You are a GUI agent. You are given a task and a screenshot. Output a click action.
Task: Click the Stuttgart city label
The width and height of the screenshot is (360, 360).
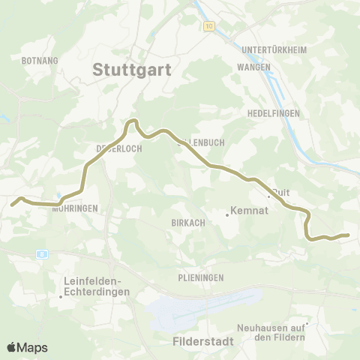pyautogui.click(x=133, y=70)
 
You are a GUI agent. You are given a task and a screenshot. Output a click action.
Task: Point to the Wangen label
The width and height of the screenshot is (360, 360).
pyautogui.click(x=253, y=67)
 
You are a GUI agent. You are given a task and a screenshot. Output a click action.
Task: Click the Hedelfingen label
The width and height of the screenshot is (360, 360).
pyautogui.click(x=273, y=112)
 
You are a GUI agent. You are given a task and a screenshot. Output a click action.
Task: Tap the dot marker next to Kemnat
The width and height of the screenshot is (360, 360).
pyautogui.click(x=226, y=216)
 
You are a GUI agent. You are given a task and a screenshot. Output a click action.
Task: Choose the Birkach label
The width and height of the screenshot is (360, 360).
pyautogui.click(x=184, y=223)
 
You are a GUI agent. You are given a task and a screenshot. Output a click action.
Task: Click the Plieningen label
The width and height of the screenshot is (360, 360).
pyautogui.click(x=201, y=277)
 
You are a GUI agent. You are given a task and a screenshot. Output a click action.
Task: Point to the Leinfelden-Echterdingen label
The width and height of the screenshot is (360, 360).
pyautogui.click(x=97, y=287)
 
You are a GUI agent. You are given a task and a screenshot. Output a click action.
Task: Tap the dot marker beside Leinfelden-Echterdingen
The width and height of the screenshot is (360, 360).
pyautogui.click(x=61, y=296)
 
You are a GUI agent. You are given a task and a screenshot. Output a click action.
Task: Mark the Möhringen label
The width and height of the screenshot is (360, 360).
pyautogui.click(x=76, y=209)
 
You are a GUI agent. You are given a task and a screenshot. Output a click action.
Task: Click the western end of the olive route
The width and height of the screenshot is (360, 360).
pyautogui.click(x=13, y=203)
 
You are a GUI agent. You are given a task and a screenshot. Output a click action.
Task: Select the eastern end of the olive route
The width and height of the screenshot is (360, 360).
pyautogui.click(x=348, y=235)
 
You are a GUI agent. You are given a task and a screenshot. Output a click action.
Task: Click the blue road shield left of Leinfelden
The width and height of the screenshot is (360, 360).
pyautogui.click(x=43, y=253)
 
